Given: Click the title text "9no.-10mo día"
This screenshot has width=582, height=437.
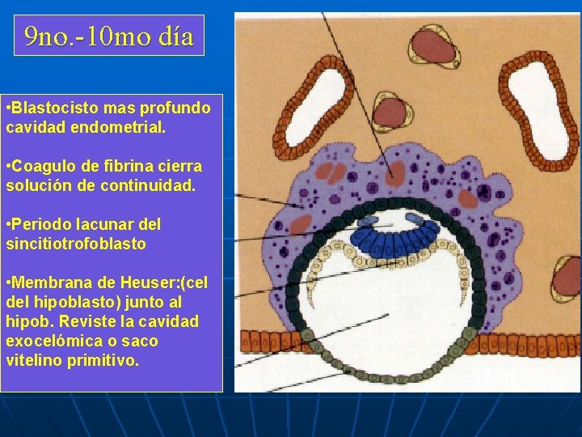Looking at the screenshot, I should [109, 36].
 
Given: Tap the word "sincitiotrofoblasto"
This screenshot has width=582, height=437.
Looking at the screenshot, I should [76, 244].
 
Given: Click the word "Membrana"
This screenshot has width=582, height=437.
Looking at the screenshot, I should [54, 282].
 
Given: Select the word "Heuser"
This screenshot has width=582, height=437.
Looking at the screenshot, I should [160, 282].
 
